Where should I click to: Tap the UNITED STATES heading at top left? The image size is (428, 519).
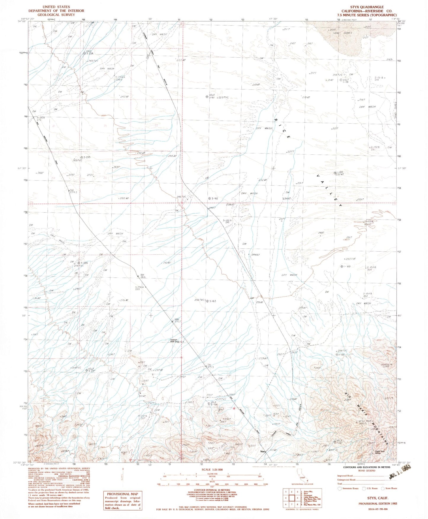(56, 7)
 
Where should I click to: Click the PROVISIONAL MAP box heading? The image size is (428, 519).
(123, 494)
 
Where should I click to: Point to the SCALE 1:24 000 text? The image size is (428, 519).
(212, 470)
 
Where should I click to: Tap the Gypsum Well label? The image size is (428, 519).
(175, 340)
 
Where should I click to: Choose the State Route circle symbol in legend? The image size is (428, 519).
(383, 488)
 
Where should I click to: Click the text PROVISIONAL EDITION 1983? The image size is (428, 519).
(377, 503)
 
